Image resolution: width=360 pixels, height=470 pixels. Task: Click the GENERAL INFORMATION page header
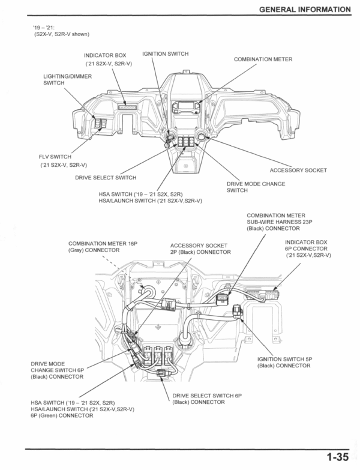pyautogui.click(x=303, y=9)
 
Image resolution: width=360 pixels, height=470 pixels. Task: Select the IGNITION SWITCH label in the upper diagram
pyautogui.click(x=166, y=54)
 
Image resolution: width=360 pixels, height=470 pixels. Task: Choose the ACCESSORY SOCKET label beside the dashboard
pyautogui.click(x=298, y=170)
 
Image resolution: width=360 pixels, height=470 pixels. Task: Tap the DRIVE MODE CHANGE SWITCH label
pyautogui.click(x=256, y=187)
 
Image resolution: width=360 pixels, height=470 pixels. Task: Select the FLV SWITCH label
pyautogui.click(x=55, y=157)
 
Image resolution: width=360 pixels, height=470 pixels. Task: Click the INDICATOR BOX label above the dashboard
pyautogui.click(x=105, y=55)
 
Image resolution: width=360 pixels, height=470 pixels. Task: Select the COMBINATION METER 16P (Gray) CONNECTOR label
pyautogui.click(x=103, y=246)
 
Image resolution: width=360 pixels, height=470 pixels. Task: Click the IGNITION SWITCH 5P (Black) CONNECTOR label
pyautogui.click(x=286, y=362)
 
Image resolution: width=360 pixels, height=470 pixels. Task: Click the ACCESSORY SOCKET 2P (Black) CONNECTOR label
pyautogui.click(x=200, y=249)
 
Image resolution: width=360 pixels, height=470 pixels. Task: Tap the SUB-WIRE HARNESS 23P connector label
pyautogui.click(x=275, y=221)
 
